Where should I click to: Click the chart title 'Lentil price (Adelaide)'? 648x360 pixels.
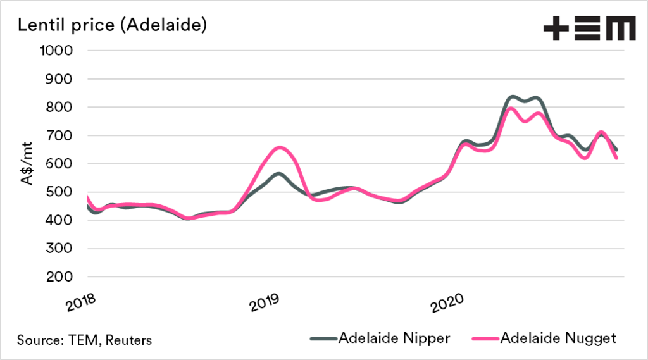click(x=113, y=26)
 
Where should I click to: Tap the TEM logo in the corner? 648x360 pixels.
click(x=589, y=29)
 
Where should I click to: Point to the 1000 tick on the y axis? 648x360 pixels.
click(x=57, y=51)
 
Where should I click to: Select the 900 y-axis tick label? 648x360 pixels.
click(x=61, y=79)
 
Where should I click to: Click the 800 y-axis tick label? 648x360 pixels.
click(x=61, y=108)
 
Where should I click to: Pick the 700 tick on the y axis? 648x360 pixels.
click(x=61, y=135)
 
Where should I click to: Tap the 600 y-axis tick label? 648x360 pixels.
click(x=61, y=164)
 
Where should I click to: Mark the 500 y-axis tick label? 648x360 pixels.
click(x=61, y=192)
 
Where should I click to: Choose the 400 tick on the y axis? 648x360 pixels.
click(x=61, y=220)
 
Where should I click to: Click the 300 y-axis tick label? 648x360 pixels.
click(x=61, y=249)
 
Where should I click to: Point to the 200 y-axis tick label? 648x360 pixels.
click(x=61, y=277)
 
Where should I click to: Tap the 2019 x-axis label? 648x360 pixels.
click(x=266, y=302)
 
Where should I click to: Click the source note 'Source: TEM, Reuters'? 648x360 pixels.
click(x=85, y=340)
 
